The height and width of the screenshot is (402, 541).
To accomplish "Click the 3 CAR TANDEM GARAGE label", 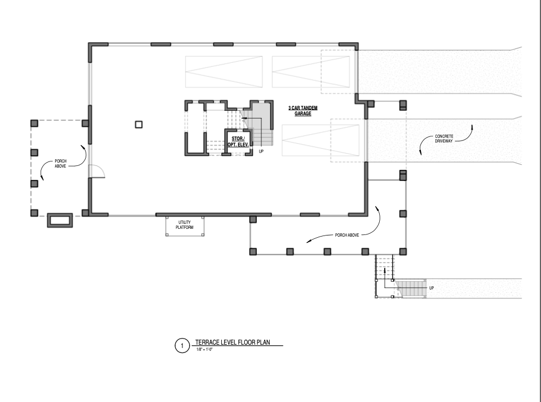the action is (303, 110).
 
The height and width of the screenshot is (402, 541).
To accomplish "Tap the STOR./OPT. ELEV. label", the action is (238, 141).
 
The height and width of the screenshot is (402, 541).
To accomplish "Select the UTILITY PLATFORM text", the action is (185, 225).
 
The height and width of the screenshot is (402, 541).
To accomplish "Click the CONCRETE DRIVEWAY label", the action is (444, 139).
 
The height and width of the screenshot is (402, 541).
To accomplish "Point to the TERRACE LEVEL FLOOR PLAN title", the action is (232, 342).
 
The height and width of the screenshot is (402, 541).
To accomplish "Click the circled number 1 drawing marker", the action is (182, 345).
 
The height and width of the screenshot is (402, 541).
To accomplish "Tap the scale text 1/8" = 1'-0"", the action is (205, 350).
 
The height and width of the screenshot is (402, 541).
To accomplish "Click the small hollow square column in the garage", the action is (138, 124).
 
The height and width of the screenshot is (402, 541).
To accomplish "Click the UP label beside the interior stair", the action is (261, 151).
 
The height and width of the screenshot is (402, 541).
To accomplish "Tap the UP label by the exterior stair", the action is (431, 288).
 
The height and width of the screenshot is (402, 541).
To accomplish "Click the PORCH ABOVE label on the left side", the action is (61, 163).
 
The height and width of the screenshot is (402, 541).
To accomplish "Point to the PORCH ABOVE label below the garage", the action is (347, 235).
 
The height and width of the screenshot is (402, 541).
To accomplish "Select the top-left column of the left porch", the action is (34, 123).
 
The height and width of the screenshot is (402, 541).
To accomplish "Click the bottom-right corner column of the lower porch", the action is (403, 252).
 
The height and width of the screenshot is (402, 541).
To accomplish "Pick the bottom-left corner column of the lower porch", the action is (253, 252).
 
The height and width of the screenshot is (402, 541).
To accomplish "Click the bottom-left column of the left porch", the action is (34, 213).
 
